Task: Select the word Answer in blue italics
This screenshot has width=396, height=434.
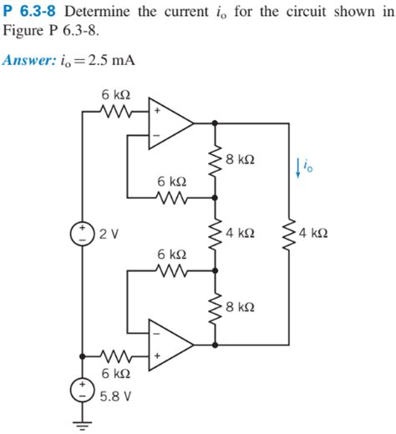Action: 28,61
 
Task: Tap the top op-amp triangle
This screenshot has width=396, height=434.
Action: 167,123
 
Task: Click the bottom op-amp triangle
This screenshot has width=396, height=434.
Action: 167,343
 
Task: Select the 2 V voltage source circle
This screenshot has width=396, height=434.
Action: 84,231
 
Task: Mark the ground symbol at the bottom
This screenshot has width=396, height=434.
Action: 84,422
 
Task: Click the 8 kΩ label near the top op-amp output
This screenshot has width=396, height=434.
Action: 241,158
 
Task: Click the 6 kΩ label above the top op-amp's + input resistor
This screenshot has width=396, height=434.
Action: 114,94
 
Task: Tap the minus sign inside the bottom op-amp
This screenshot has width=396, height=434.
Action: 155,330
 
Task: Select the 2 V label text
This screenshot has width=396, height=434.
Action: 109,231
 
